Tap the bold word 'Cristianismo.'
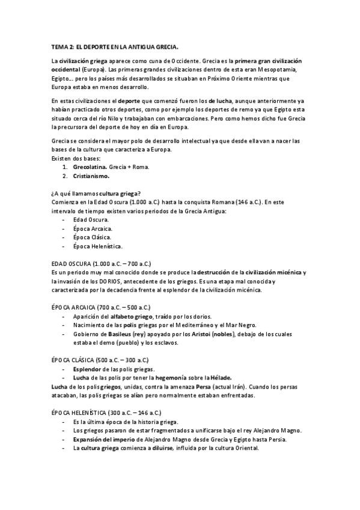point(92,176)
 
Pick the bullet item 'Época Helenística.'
point(99,247)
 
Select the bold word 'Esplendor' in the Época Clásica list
point(89,369)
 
